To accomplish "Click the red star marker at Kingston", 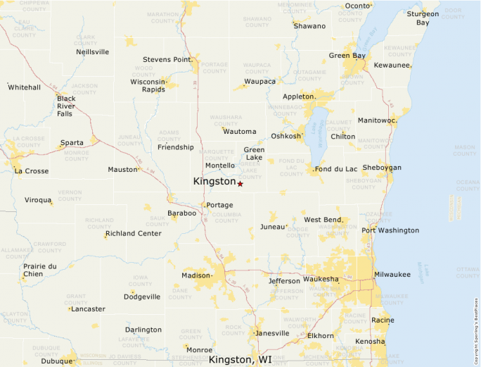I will [240, 184].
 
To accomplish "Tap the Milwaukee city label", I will [392, 274].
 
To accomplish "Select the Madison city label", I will [195, 275].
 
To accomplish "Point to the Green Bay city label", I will [347, 56].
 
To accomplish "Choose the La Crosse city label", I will [32, 170].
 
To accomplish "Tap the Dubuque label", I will [57, 361].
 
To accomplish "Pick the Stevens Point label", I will [167, 60].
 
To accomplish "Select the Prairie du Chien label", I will [39, 270].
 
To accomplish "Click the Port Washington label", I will [390, 230].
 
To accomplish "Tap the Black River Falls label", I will [66, 106].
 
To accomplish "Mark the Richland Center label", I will [133, 233].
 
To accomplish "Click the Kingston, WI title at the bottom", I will [240, 359].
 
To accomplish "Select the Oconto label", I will [357, 7].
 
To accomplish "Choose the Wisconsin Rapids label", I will [148, 85].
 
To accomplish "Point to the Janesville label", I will [272, 333].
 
